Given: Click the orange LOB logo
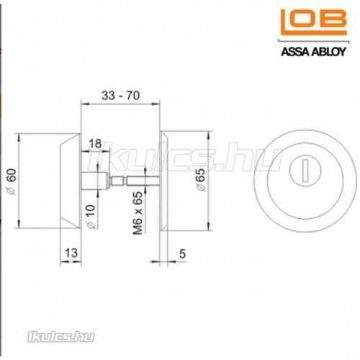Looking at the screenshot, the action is (314, 22).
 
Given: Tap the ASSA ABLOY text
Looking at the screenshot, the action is (313, 52).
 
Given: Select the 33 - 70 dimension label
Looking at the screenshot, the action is (120, 96).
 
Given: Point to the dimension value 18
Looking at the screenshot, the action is (95, 144).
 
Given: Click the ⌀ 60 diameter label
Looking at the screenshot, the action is (12, 181).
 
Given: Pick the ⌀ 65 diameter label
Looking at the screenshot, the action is (201, 180).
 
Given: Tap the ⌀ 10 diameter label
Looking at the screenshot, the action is (91, 217).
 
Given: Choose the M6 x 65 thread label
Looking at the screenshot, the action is (138, 212).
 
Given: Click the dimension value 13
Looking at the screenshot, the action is (71, 253).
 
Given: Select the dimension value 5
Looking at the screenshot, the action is (182, 253).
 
